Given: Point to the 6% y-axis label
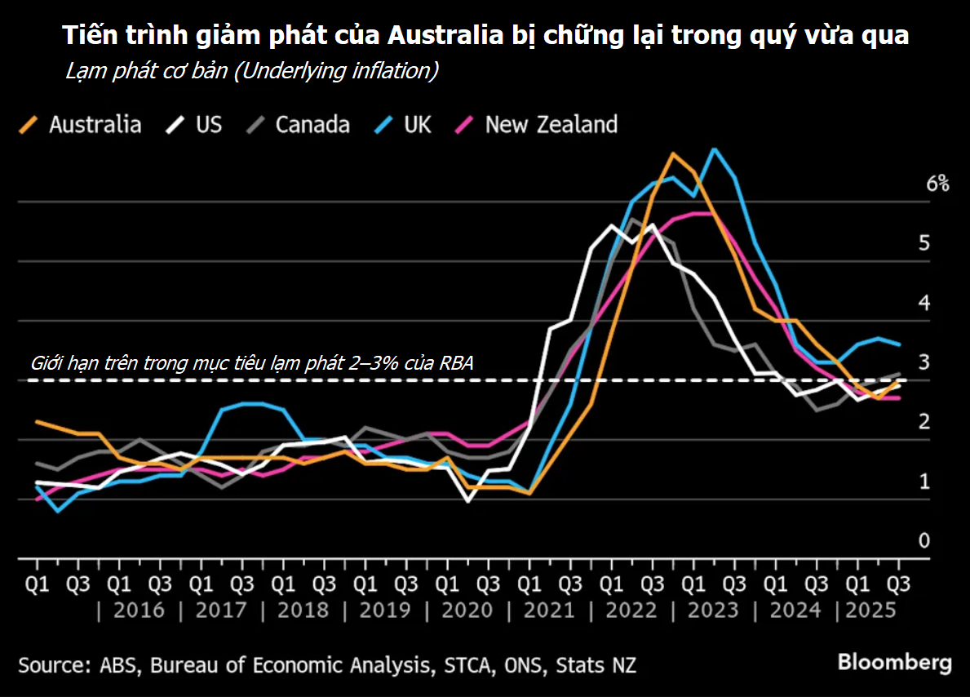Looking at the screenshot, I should tap(937, 184).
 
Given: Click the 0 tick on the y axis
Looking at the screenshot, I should tap(923, 541).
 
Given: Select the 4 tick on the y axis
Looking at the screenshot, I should tap(924, 303).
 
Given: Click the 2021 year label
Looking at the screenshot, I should tap(548, 610).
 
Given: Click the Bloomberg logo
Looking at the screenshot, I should tap(894, 662).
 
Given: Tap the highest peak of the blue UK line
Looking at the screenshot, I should tap(715, 149).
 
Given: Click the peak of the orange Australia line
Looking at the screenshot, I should tap(673, 153).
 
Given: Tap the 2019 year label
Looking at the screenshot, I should tap(384, 610).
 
